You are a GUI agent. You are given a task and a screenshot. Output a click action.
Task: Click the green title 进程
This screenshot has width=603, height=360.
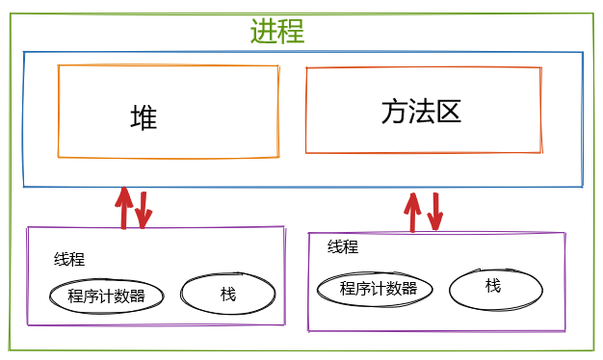point(277,31)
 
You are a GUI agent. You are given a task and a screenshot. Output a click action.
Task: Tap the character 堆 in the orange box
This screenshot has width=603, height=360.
point(144,117)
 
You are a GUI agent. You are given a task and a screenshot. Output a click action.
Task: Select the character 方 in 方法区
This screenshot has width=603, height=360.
point(393,112)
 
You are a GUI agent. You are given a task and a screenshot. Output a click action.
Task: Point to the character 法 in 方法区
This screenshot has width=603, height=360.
point(421,112)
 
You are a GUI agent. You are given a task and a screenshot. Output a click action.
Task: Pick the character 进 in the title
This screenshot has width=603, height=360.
point(264,31)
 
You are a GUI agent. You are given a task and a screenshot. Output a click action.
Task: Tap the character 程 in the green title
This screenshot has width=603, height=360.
point(291,31)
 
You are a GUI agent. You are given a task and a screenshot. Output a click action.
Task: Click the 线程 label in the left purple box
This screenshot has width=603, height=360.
point(69,259)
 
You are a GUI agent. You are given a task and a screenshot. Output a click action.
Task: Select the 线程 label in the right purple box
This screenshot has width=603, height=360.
point(343,246)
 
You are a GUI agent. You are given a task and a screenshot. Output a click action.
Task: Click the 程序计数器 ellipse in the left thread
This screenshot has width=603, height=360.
point(107,296)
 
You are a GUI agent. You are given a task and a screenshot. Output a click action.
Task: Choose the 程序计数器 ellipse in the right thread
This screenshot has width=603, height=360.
point(379,288)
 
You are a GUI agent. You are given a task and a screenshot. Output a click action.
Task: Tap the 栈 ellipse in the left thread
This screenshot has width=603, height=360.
point(227,295)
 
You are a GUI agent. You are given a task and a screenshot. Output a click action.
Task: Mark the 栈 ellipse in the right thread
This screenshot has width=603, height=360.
point(493,286)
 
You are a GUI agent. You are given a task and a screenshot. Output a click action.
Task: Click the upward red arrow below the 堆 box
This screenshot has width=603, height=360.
point(123,207)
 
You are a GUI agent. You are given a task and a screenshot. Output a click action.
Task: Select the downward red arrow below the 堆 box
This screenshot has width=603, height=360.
point(144,209)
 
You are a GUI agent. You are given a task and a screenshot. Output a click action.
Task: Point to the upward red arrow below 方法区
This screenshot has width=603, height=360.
point(414,211)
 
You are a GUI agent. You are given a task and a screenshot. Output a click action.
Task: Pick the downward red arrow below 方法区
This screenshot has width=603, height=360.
point(435,212)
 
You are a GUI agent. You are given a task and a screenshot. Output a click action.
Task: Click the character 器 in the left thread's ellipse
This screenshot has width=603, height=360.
point(138,296)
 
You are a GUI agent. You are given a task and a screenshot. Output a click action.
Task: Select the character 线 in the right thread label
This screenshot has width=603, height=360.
point(335,246)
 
